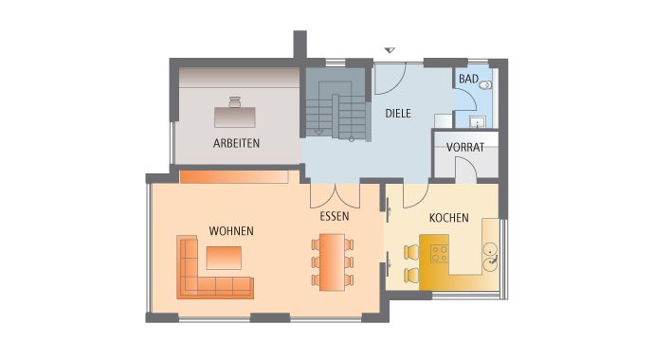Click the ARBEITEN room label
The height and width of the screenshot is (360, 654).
(236, 143)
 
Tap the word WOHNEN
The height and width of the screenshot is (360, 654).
(231, 231)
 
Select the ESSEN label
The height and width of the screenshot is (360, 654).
(334, 216)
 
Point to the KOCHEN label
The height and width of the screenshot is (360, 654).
(448, 218)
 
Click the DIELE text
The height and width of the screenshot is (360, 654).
(398, 113)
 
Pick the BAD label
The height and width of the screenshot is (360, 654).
(468, 80)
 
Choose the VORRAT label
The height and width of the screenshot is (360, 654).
(464, 148)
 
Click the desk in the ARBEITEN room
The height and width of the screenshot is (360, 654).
(235, 116)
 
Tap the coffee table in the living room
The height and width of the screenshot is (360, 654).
(224, 258)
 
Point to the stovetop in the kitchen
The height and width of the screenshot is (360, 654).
(441, 253)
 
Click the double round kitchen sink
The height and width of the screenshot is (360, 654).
(491, 253)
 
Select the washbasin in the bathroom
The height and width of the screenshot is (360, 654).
(478, 119)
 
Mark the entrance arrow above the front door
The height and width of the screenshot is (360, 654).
(388, 49)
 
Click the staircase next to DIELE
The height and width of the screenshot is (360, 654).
(336, 116)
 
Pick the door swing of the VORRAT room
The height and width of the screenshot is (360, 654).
(463, 169)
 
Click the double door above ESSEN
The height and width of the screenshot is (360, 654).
(335, 194)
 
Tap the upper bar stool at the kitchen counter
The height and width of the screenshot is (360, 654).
(411, 252)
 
